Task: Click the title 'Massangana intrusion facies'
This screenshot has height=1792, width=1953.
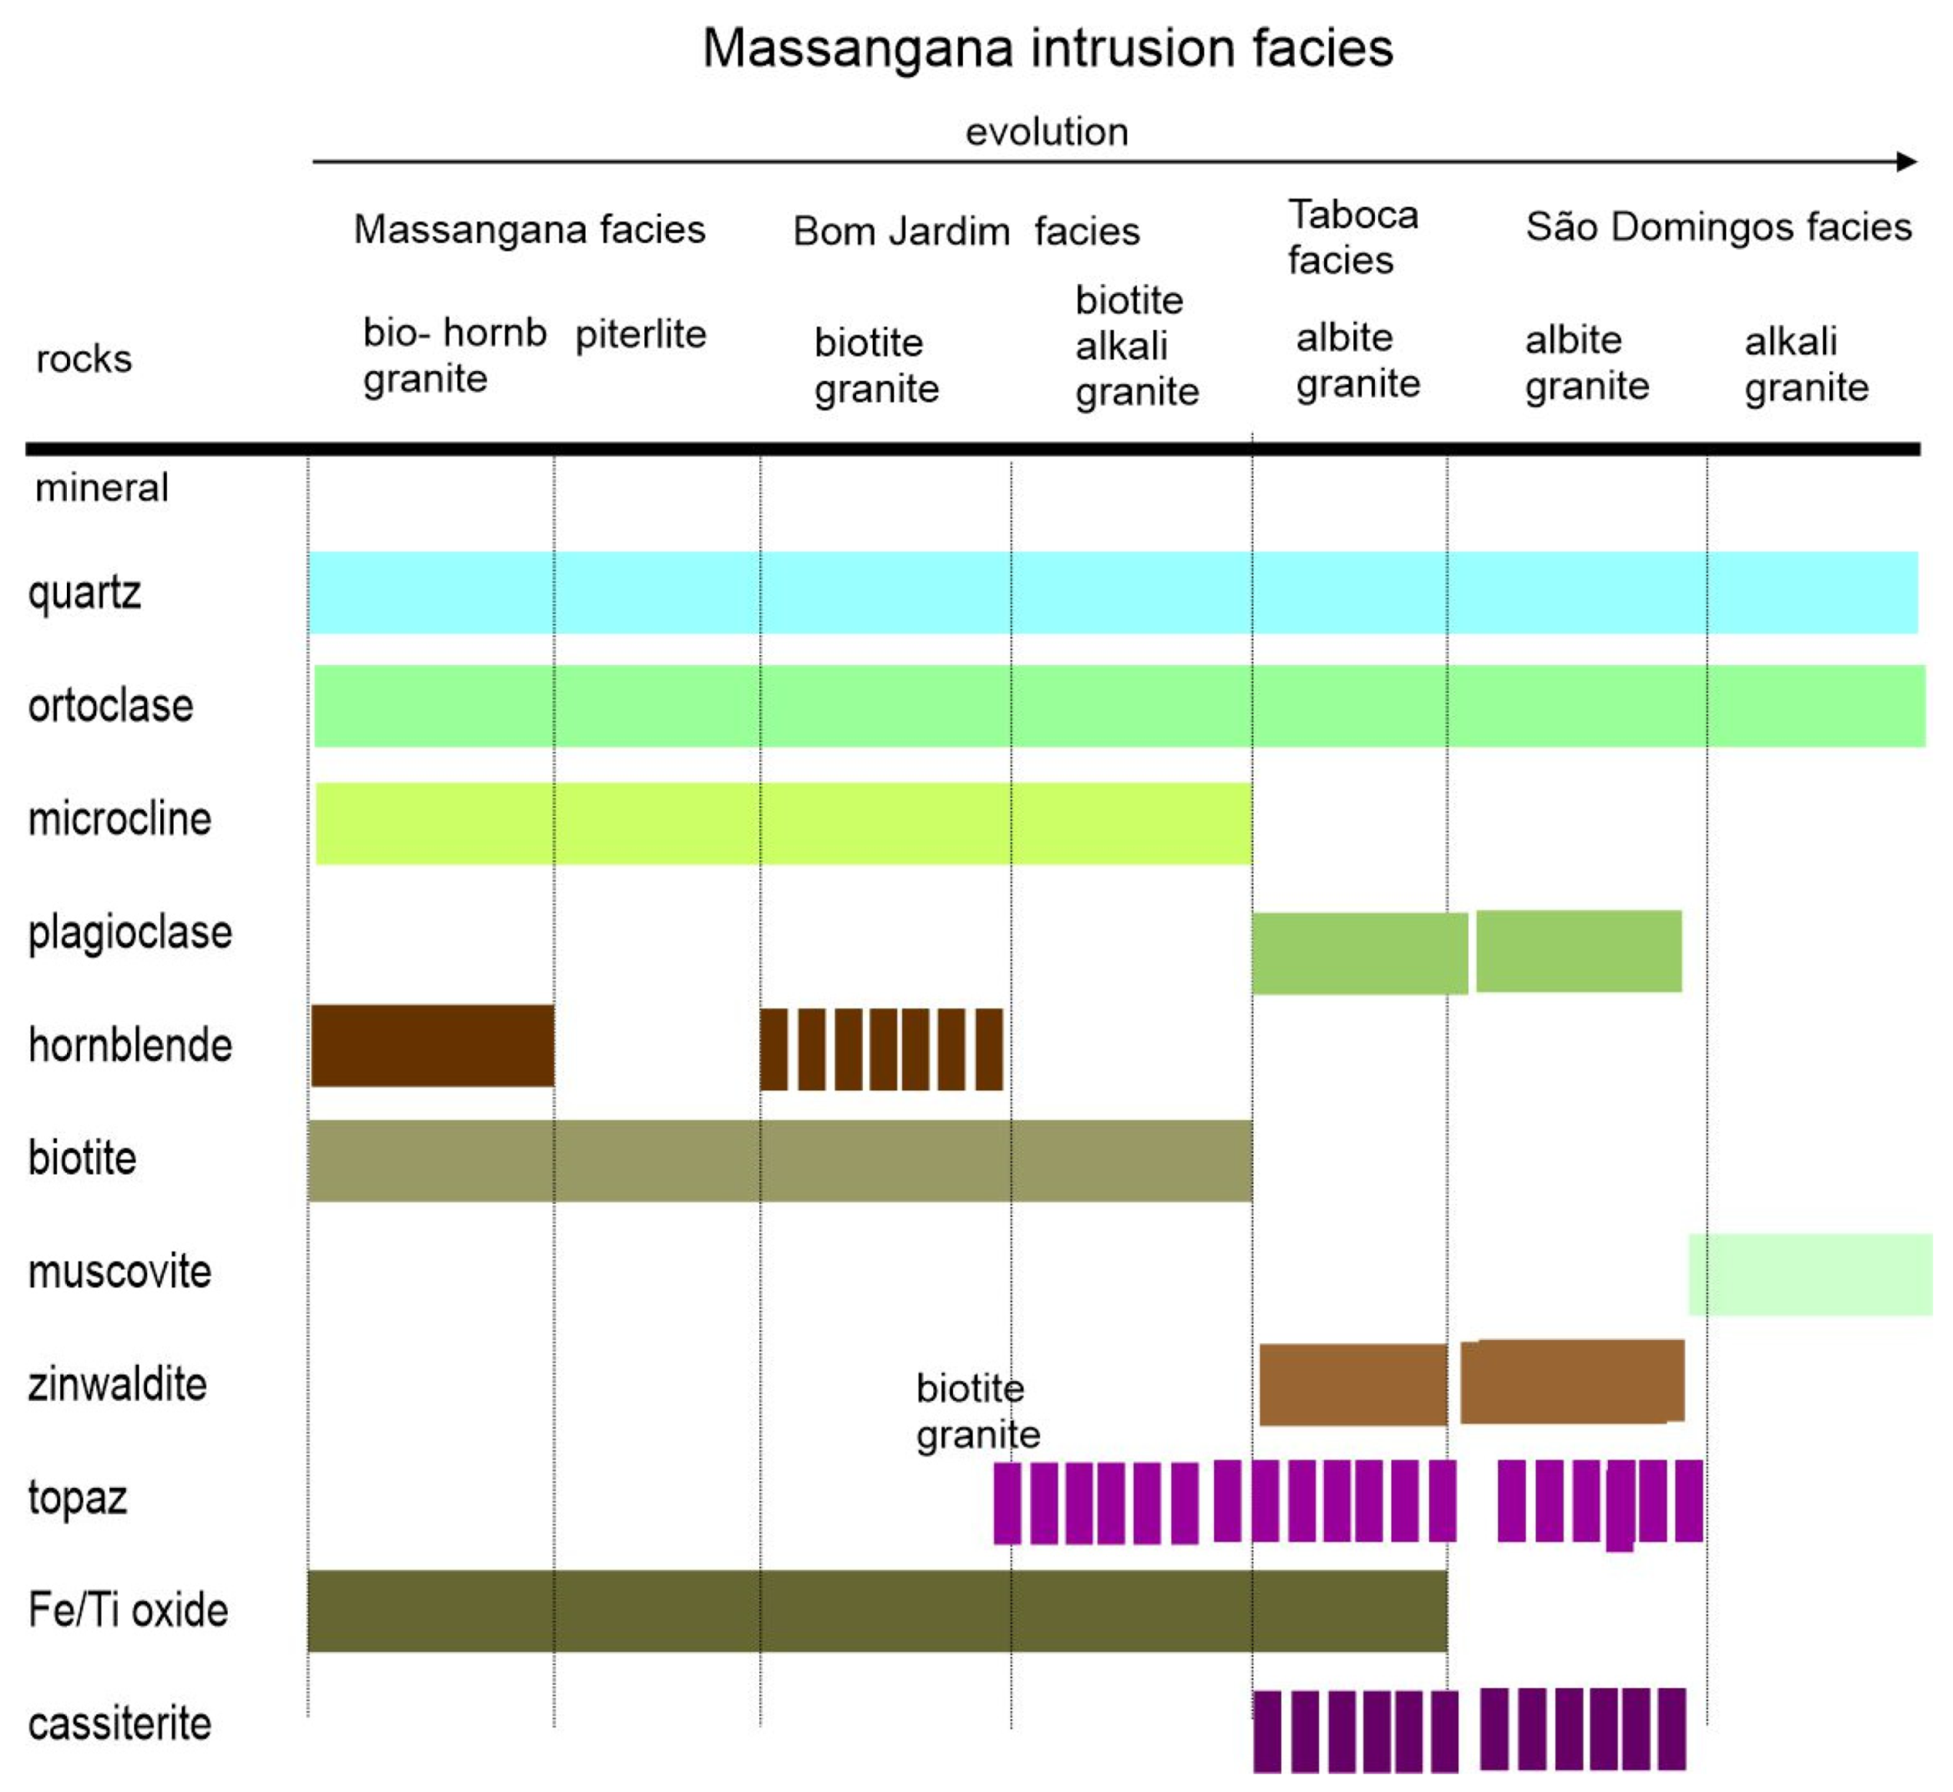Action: click(1048, 48)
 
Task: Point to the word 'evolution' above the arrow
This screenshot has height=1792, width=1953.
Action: click(1047, 132)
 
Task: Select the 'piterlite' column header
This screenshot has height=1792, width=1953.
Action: click(640, 334)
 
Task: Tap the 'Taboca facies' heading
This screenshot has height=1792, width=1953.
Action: click(1352, 237)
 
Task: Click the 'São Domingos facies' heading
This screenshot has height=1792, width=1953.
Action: click(1718, 227)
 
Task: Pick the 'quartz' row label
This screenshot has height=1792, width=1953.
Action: click(84, 592)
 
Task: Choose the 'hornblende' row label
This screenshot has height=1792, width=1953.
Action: click(130, 1045)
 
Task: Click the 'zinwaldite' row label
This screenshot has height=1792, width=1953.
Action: click(117, 1383)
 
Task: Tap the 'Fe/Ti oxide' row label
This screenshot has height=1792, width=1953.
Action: click(128, 1610)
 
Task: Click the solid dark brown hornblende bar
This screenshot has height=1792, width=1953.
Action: click(433, 1045)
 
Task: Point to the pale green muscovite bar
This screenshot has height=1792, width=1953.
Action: click(1809, 1274)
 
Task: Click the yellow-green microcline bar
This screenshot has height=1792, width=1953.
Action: click(783, 823)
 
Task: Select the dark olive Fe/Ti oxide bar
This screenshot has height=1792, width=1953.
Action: click(876, 1611)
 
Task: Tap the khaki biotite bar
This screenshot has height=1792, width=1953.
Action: click(779, 1160)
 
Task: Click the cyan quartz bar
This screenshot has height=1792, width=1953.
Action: click(1113, 592)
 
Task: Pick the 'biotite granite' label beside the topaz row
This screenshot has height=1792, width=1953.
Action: click(977, 1412)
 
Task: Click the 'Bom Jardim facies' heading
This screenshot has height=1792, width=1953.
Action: click(966, 231)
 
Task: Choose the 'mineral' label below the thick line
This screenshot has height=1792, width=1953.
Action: click(101, 488)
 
